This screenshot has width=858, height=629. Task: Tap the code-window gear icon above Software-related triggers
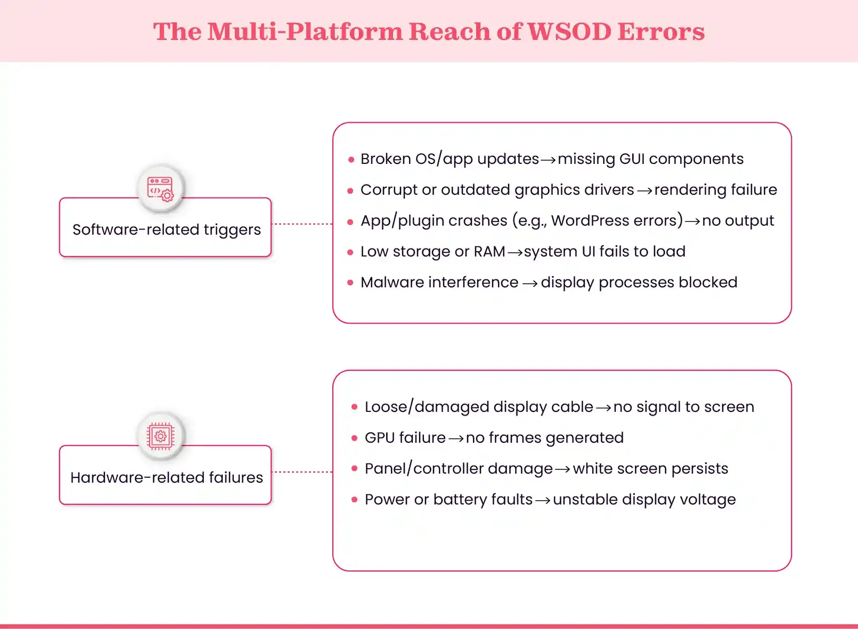point(160,189)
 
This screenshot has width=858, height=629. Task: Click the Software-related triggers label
point(166,229)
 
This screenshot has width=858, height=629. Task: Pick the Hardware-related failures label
point(166,477)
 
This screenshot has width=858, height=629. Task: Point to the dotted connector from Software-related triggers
point(302,224)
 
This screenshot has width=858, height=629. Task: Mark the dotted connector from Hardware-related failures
point(302,472)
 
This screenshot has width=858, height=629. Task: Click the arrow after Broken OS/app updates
point(548,160)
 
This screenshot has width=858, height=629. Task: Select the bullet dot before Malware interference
point(350,283)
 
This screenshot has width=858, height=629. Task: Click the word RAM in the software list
point(489,251)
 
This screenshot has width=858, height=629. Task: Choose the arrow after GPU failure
point(456,438)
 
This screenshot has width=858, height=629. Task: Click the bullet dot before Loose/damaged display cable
point(354,407)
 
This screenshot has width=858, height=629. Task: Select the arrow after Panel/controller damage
point(562,469)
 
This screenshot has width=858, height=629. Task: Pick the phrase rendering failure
point(715,189)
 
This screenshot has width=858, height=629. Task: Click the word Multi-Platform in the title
point(305,31)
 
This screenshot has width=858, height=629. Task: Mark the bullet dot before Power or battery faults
point(354,500)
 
